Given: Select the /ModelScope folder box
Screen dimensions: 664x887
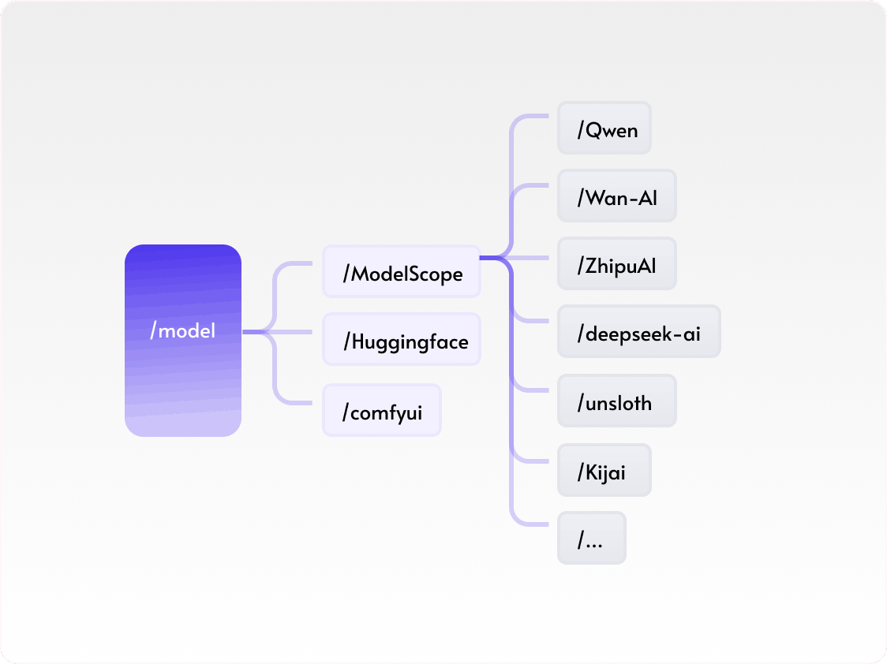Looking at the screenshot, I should pos(402,272).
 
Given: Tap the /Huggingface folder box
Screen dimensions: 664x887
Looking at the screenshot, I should pos(402,341).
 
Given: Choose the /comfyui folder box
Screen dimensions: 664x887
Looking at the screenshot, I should pos(382,410).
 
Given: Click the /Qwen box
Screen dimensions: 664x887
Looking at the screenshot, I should pos(604,128).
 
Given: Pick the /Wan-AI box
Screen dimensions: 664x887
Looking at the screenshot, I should pos(617,196).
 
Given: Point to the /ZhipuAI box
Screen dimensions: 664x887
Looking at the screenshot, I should pos(617,263).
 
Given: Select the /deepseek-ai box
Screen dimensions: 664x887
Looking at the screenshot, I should pos(639,332).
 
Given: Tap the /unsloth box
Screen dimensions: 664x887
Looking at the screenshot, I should pos(617,401).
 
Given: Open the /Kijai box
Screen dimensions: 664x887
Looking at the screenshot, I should pos(604,470).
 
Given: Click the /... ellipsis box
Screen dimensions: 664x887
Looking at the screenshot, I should pos(592,538).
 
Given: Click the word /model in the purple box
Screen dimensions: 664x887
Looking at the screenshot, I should pos(182,330).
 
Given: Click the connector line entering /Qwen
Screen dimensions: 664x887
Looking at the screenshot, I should pos(537,116).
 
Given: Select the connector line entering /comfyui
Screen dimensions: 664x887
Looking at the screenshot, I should pos(300,403).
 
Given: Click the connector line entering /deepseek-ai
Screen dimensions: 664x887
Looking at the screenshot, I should pos(537,321).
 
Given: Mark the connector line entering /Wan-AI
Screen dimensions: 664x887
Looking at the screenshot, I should pos(537,186).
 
